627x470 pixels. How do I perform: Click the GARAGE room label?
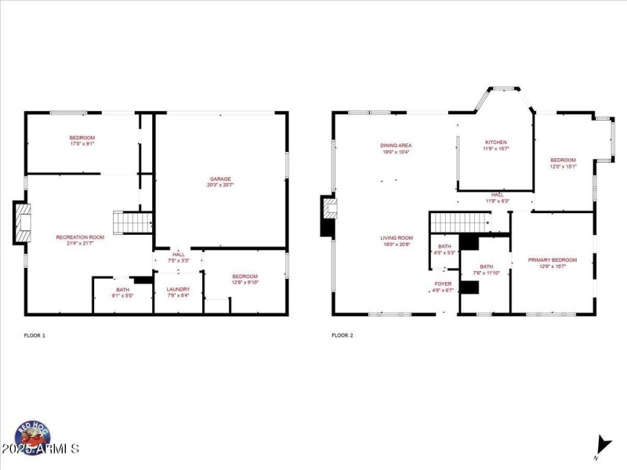pyautogui.click(x=220, y=179)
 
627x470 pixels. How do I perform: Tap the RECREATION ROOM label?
pyautogui.click(x=80, y=237)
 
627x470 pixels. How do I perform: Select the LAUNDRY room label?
pyautogui.click(x=178, y=289)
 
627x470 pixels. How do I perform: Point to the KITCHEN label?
pyautogui.click(x=495, y=143)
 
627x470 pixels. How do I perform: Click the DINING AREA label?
pyautogui.click(x=397, y=145)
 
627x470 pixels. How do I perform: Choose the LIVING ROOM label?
pyautogui.click(x=397, y=237)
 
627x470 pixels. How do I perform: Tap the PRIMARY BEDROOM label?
pyautogui.click(x=552, y=260)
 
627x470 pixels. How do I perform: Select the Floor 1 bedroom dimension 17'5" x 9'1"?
pyautogui.click(x=82, y=143)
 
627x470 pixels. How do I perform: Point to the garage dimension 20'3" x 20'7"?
pyautogui.click(x=220, y=185)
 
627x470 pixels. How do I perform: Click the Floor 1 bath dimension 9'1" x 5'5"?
pyautogui.click(x=123, y=295)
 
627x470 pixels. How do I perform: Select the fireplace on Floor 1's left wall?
pyautogui.click(x=23, y=222)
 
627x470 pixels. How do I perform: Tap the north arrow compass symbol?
pyautogui.click(x=602, y=444)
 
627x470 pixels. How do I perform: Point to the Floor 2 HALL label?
pyautogui.click(x=497, y=194)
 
